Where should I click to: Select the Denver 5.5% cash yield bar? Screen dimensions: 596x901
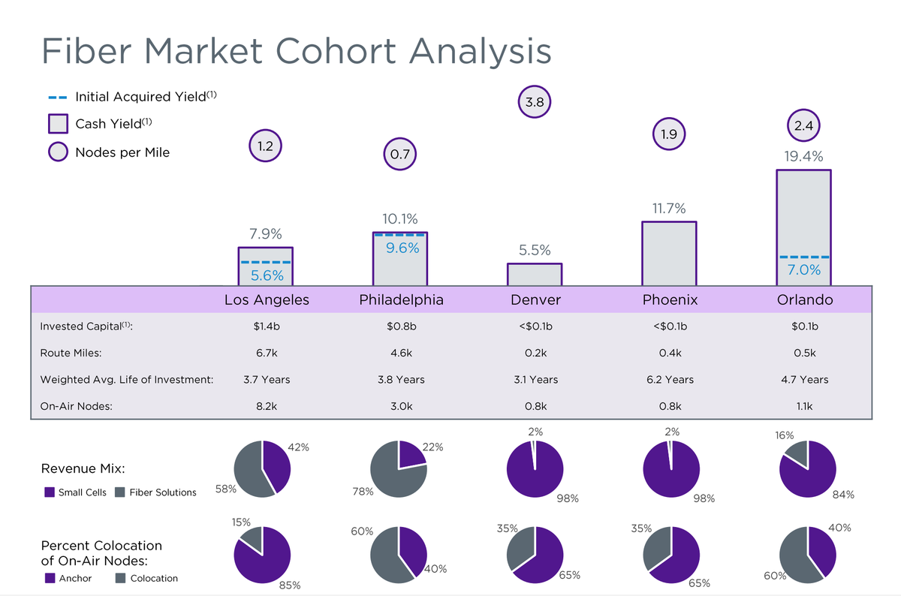click(x=535, y=274)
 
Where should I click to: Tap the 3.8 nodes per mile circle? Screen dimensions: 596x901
click(x=535, y=102)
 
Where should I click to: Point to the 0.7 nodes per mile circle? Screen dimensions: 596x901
click(x=399, y=155)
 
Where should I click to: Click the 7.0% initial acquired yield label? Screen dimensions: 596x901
click(x=803, y=270)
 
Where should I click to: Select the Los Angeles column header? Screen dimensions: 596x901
click(x=267, y=300)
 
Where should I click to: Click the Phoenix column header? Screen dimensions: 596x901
click(x=670, y=300)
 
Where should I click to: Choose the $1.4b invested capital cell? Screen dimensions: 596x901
click(x=267, y=327)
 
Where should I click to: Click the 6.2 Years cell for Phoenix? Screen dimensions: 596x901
click(x=670, y=380)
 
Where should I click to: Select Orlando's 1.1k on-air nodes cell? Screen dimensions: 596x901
click(x=803, y=406)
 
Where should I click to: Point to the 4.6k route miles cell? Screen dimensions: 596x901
click(x=401, y=353)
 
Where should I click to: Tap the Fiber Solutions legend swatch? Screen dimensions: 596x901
click(x=119, y=492)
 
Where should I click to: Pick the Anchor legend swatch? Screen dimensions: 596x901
click(x=50, y=578)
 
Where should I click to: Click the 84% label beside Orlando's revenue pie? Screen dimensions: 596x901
click(x=843, y=495)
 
